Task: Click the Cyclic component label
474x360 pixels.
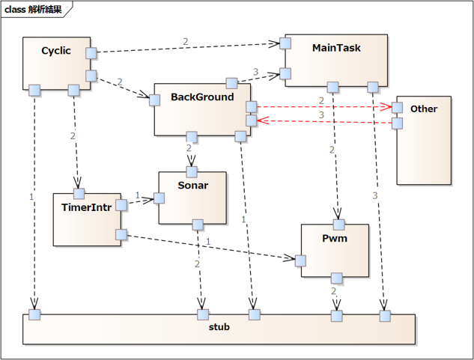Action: point(56,51)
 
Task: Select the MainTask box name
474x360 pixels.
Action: point(336,48)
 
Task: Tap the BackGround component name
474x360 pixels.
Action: point(202,97)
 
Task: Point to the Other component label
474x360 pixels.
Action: point(424,109)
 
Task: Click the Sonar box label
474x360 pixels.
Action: point(192,185)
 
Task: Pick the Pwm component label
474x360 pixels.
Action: point(335,238)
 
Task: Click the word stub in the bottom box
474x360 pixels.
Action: point(219,327)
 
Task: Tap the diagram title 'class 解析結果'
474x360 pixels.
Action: point(37,10)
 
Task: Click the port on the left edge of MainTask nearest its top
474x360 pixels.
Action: point(285,43)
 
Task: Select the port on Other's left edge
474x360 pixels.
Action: point(397,108)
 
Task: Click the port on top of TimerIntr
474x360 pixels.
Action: point(79,194)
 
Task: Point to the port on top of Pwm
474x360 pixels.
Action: point(338,224)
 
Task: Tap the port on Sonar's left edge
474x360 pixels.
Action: point(159,198)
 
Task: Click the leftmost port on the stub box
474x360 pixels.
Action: point(34,314)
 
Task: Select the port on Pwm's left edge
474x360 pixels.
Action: point(300,260)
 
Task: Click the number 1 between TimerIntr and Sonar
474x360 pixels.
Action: point(138,195)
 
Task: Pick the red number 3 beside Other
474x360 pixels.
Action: point(321,115)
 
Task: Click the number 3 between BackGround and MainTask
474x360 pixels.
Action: point(255,73)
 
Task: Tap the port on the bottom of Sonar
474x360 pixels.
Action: point(198,225)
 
